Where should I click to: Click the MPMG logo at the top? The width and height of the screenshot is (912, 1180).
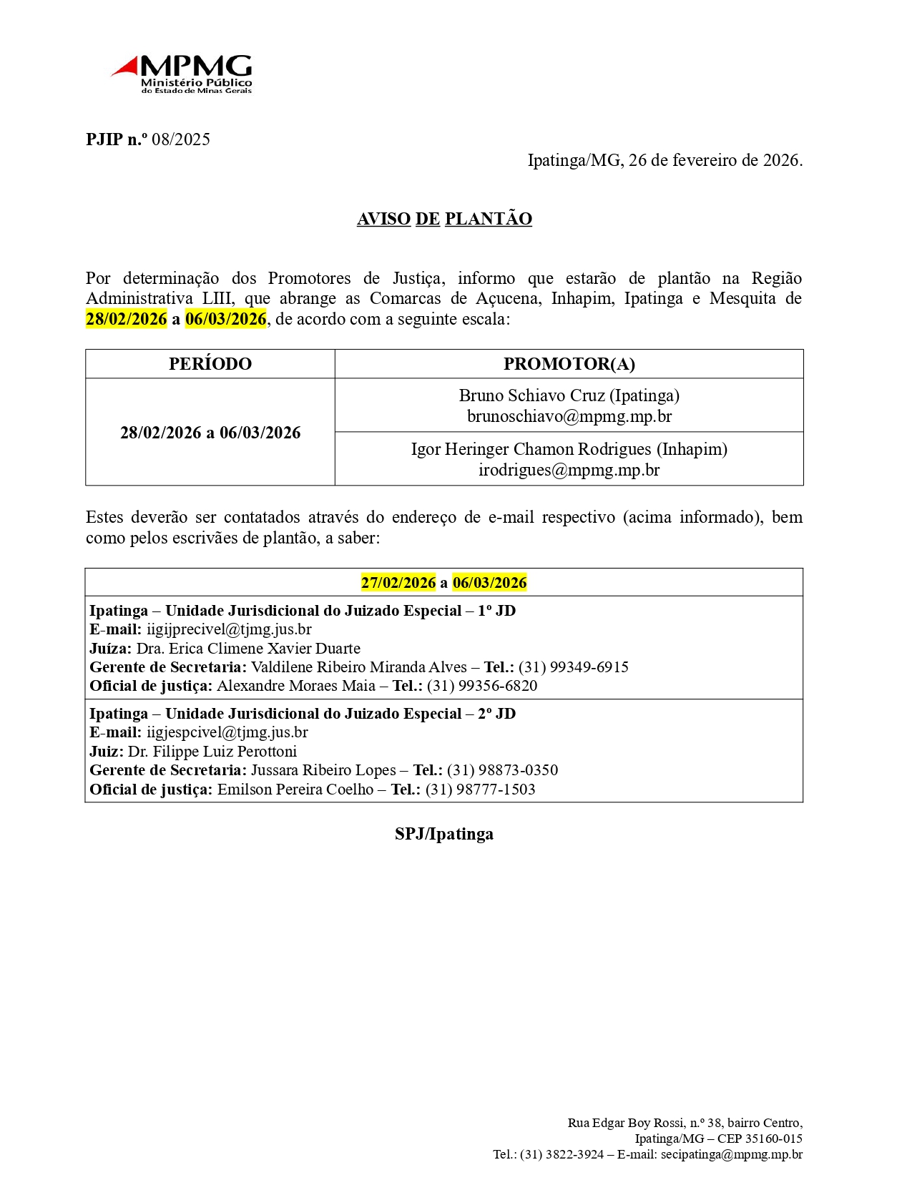(182, 74)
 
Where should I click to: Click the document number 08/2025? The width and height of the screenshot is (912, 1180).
(181, 139)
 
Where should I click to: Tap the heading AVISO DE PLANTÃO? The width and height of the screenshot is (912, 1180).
(444, 219)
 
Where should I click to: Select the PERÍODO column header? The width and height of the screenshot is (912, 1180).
(210, 364)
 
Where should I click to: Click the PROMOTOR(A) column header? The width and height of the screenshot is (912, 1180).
(569, 364)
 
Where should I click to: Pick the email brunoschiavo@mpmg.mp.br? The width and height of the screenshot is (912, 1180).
(569, 416)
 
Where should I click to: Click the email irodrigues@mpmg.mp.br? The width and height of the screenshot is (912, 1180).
(569, 470)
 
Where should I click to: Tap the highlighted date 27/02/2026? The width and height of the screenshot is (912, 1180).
(398, 583)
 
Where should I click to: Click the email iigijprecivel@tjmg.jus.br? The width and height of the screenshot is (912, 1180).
(229, 629)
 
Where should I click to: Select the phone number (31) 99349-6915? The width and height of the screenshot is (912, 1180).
(574, 667)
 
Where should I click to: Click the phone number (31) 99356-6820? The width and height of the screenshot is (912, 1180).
(482, 686)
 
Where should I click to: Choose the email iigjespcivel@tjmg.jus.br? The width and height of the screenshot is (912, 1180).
(227, 732)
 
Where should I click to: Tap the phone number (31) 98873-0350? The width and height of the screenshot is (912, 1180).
(502, 770)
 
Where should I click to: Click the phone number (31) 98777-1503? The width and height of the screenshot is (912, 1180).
(481, 790)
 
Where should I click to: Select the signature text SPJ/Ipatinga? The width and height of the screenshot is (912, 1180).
(444, 835)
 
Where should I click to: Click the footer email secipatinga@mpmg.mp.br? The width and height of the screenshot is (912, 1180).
(731, 1155)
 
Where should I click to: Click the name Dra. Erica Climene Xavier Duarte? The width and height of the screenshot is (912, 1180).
(248, 649)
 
